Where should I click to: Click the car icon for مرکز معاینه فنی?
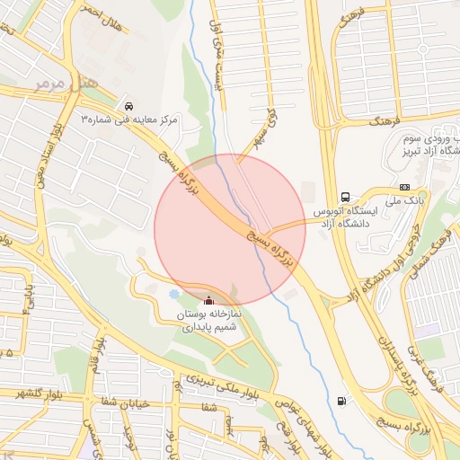coord(131,104)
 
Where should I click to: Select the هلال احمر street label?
coord(99,12)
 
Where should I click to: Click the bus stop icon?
coord(345,198)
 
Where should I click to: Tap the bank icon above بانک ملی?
coord(404,187)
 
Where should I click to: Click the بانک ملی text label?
coord(407,202)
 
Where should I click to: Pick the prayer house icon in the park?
coord(209,301)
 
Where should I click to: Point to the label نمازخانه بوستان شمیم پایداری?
coord(209,323)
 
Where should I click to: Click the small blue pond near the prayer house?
coord(173,294)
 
